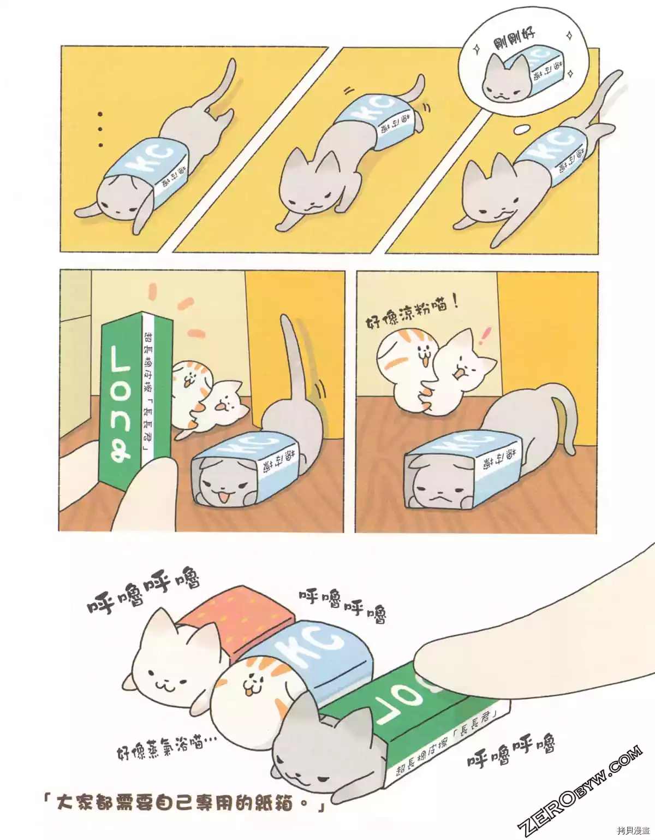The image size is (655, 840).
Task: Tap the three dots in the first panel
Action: click(100, 129)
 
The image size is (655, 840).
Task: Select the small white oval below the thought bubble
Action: click(522, 129)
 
